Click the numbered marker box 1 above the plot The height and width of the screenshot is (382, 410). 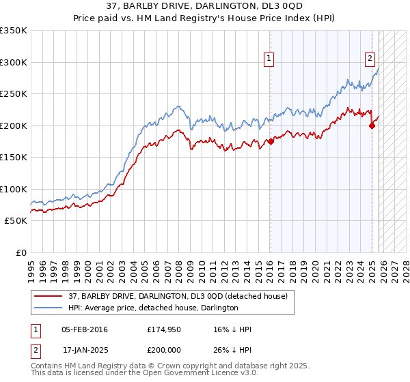(270, 59)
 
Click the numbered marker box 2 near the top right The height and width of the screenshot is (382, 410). (370, 59)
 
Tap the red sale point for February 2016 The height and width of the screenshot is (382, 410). (271, 141)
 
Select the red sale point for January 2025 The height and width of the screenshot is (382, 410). (372, 126)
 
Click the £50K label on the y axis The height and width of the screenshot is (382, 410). (16, 221)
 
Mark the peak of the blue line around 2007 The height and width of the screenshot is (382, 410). (178, 106)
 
